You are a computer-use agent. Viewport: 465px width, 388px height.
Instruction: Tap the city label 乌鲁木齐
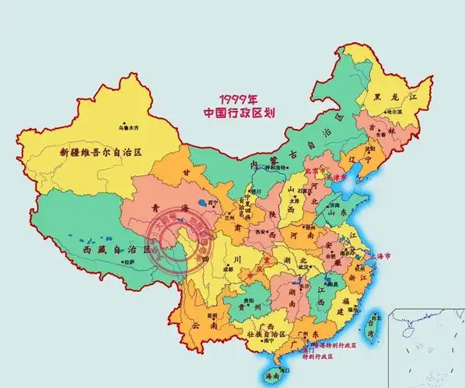tap(133, 126)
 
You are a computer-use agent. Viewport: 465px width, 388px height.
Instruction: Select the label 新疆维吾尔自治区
tap(101, 152)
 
